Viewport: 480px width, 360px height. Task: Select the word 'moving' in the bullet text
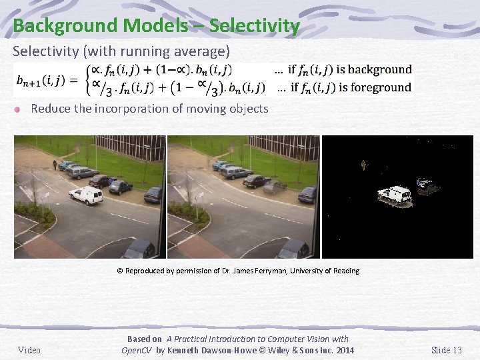(x=206, y=108)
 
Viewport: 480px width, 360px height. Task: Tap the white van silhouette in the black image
(x=394, y=194)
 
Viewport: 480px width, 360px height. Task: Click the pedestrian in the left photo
(x=54, y=164)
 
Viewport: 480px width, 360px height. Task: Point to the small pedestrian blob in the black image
(x=363, y=164)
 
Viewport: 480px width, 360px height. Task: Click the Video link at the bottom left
(x=29, y=350)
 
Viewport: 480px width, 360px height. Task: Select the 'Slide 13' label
(x=446, y=350)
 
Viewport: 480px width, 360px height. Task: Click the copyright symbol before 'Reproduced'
(x=120, y=271)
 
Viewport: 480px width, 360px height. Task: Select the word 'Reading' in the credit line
(x=345, y=271)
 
